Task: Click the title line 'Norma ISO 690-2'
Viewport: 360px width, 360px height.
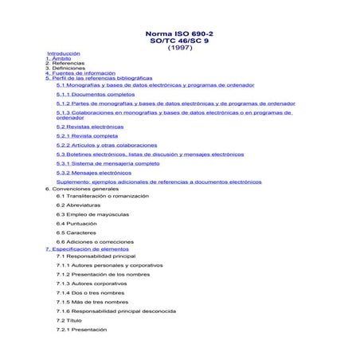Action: (180, 34)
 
